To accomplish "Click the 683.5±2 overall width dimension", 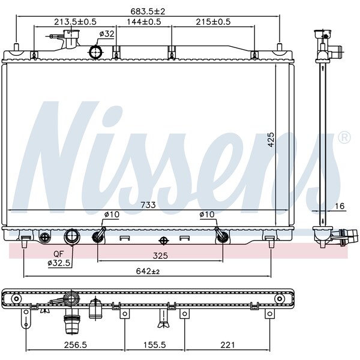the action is [148, 11].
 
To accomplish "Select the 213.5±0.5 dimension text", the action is [76, 22].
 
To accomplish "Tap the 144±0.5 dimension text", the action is [144, 22].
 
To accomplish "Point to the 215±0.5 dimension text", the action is [213, 22].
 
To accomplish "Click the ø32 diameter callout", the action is [107, 34].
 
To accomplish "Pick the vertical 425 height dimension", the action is [271, 139].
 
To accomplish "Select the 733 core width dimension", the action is [148, 205].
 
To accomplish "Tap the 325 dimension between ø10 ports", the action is [160, 256].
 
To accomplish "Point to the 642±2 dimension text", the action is [148, 271].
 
